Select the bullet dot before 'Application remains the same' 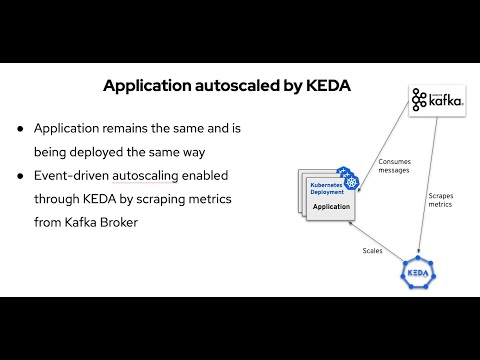click(x=20, y=130)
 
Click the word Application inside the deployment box click(x=331, y=207)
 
